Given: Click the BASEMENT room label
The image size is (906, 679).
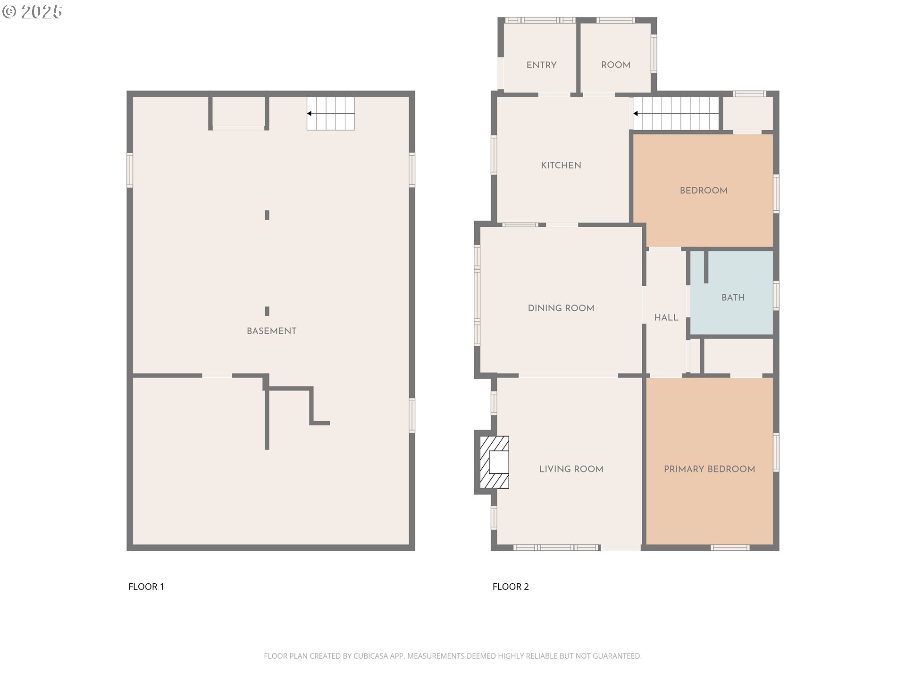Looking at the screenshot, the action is pos(271,331).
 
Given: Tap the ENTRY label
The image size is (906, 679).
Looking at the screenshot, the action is pos(541,65).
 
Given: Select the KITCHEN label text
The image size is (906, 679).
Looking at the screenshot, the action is pos(561,166).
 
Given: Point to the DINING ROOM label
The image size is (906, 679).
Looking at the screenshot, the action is pos(561,308).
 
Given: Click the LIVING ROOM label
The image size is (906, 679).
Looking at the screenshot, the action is pos(571,469).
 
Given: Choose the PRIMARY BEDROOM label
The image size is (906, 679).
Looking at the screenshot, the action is pos(709,469).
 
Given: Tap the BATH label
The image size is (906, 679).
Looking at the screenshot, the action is pos(733,298).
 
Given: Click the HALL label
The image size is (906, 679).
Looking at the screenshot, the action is pos(666,318).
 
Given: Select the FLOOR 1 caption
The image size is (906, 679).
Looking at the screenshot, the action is pos(146,587).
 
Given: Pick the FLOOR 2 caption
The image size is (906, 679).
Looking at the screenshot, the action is pos(511,587).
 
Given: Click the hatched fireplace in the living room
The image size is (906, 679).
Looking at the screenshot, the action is pos(494,462).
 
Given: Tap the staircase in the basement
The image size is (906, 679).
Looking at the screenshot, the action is pos(331,114).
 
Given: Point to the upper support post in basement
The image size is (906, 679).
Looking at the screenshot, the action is pos(267,215).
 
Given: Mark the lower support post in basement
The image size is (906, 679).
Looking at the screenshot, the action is pos(267,311).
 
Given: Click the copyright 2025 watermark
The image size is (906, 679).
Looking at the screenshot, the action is pos(32,12).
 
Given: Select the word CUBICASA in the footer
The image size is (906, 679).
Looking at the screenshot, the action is pos(370,656).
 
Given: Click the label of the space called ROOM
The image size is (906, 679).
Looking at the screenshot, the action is pos(616,65).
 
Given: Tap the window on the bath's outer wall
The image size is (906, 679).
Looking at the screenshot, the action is pos(776,296).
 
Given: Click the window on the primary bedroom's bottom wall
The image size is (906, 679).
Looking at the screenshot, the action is pos(730,547).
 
